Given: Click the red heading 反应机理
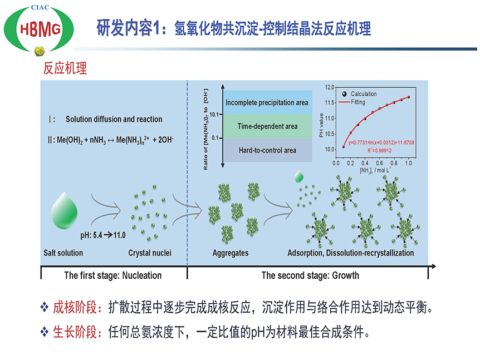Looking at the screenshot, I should click(x=65, y=69).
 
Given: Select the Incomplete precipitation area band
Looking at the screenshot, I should click(x=266, y=102).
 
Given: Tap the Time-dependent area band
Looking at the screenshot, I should click(x=267, y=126).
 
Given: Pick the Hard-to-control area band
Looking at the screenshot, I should click(x=267, y=150).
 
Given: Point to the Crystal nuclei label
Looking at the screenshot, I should click(x=150, y=253).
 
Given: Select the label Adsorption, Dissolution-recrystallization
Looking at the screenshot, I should click(x=350, y=253).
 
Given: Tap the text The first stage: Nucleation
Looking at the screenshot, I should click(x=112, y=275).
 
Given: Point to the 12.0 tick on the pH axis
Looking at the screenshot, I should click(x=329, y=87).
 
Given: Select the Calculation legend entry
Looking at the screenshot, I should click(x=364, y=94).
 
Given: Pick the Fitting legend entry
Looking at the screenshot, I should click(x=360, y=101).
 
